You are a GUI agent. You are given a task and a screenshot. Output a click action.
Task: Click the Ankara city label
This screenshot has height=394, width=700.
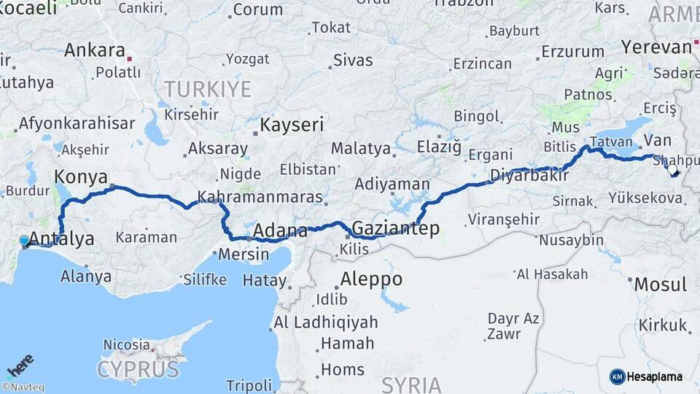pos(95,50)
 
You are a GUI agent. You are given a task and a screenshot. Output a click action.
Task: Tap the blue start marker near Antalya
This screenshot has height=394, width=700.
pos(24,240)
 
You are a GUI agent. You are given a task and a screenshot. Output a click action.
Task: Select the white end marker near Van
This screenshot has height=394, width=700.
pos(672,170)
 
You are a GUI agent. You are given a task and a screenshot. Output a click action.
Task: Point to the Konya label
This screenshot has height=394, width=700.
pos(81,177)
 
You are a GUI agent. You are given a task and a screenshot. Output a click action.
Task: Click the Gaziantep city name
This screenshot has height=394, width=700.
pos(396,228)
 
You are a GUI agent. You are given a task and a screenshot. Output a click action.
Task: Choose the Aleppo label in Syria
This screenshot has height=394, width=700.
pos(372,279)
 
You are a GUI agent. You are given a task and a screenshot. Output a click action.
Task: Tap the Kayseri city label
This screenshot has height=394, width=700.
pos(292,125)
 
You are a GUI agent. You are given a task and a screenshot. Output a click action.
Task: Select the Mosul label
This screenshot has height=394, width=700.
pos(660,284)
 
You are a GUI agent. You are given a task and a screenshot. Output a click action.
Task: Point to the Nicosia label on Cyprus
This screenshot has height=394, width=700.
pos(127,344)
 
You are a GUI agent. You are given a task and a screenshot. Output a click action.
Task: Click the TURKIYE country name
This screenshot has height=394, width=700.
pos(207,90)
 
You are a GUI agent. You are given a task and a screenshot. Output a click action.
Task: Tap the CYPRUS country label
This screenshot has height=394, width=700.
pos(138,368)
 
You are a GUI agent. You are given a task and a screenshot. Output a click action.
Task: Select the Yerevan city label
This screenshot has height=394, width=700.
pos(656,47)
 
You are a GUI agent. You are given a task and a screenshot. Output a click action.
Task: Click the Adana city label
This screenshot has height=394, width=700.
pos(279,232)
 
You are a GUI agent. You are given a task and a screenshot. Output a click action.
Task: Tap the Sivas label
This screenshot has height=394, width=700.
pos(353,60)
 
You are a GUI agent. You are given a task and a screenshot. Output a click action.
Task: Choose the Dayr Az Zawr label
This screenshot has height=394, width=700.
pos(513,326)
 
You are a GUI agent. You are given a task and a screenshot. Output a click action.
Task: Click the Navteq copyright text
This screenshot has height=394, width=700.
pos(23,387)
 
